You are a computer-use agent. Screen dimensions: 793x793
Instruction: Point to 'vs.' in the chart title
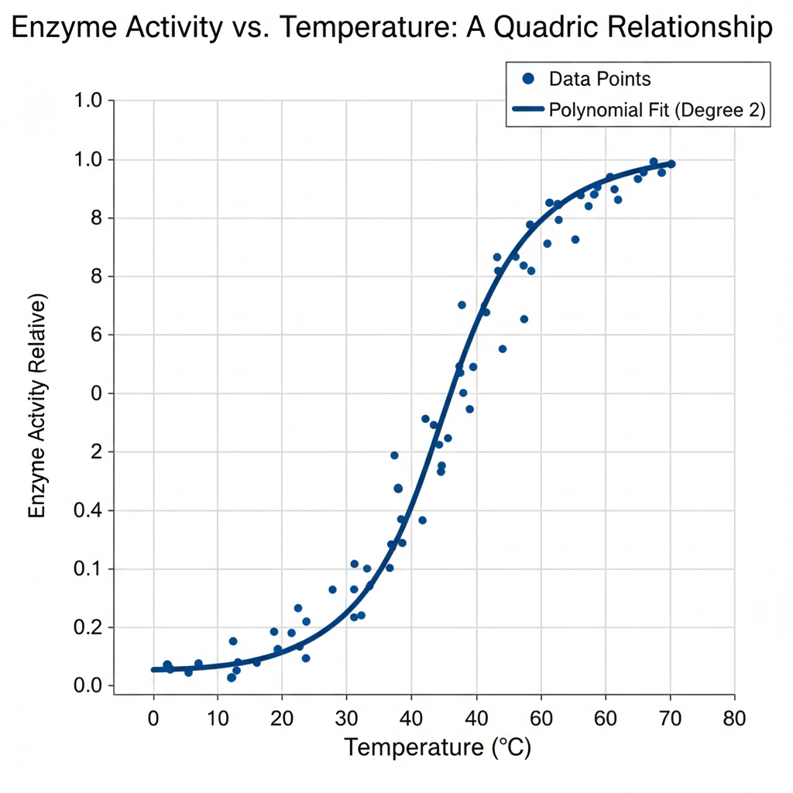[240, 29]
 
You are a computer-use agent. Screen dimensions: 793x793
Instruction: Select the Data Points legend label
[599, 78]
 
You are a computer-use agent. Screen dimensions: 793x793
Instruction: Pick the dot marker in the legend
[529, 78]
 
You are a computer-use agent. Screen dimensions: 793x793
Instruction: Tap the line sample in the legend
[528, 110]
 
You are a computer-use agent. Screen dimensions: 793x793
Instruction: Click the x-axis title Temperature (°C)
[438, 748]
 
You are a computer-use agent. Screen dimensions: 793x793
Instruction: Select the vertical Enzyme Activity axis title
[38, 407]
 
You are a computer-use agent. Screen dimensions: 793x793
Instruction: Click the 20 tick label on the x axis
[282, 719]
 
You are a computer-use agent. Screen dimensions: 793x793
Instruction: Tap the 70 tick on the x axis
[670, 719]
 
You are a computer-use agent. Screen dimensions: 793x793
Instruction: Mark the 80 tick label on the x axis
[734, 719]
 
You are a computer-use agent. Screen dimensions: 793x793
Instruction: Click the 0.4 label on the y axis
[88, 510]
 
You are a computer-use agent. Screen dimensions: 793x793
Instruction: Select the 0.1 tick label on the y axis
[88, 569]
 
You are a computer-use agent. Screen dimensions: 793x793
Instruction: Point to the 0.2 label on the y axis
[88, 627]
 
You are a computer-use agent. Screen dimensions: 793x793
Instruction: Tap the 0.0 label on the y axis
[88, 686]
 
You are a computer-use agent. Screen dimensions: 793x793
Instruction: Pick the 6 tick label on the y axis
[98, 335]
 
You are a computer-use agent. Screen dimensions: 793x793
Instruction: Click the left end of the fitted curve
[154, 669]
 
